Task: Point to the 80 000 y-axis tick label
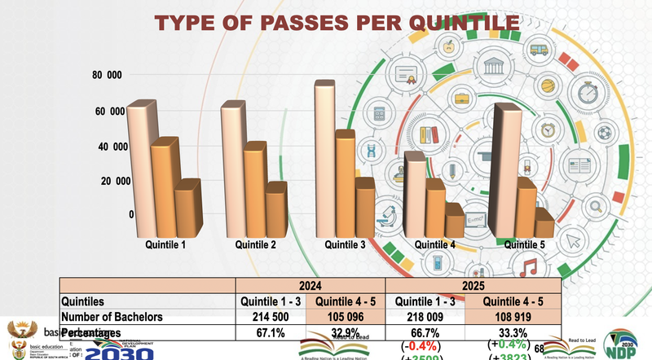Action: click(x=107, y=75)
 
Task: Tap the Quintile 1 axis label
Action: click(x=165, y=244)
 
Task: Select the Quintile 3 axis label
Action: click(x=345, y=244)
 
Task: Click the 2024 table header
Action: click(x=310, y=287)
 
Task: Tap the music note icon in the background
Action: click(x=529, y=266)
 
